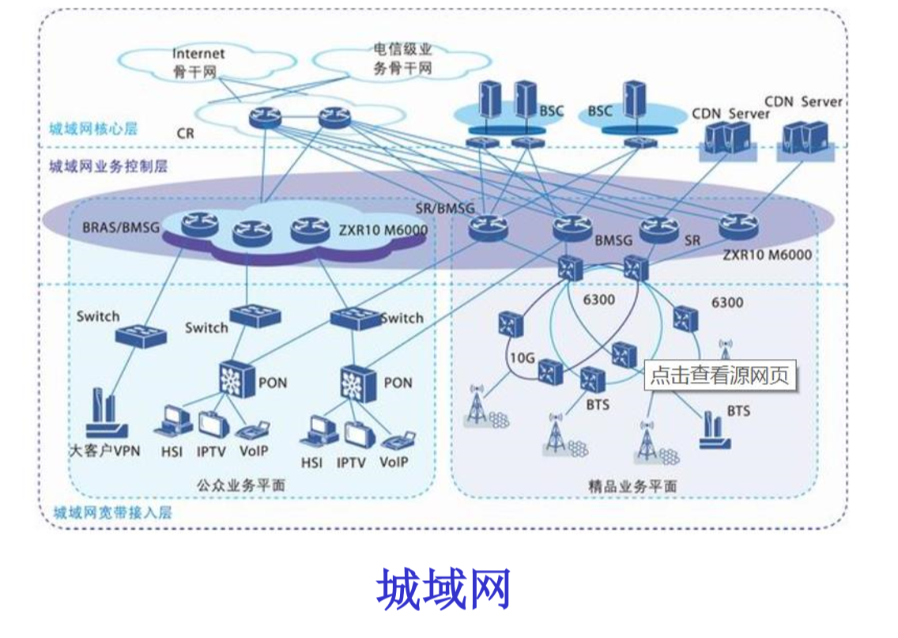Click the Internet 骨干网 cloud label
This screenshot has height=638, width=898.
click(198, 62)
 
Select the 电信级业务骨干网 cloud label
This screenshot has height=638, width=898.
click(402, 60)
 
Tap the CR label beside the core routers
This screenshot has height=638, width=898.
click(185, 134)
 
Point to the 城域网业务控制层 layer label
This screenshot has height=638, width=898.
click(108, 167)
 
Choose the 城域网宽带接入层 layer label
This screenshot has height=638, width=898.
click(111, 512)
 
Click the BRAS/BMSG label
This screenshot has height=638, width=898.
click(121, 228)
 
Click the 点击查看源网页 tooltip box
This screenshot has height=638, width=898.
click(719, 376)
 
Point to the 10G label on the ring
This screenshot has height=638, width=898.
click(522, 358)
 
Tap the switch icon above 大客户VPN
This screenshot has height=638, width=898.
click(141, 334)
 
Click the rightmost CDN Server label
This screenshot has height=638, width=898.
click(803, 102)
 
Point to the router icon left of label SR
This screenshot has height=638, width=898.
click(658, 230)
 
